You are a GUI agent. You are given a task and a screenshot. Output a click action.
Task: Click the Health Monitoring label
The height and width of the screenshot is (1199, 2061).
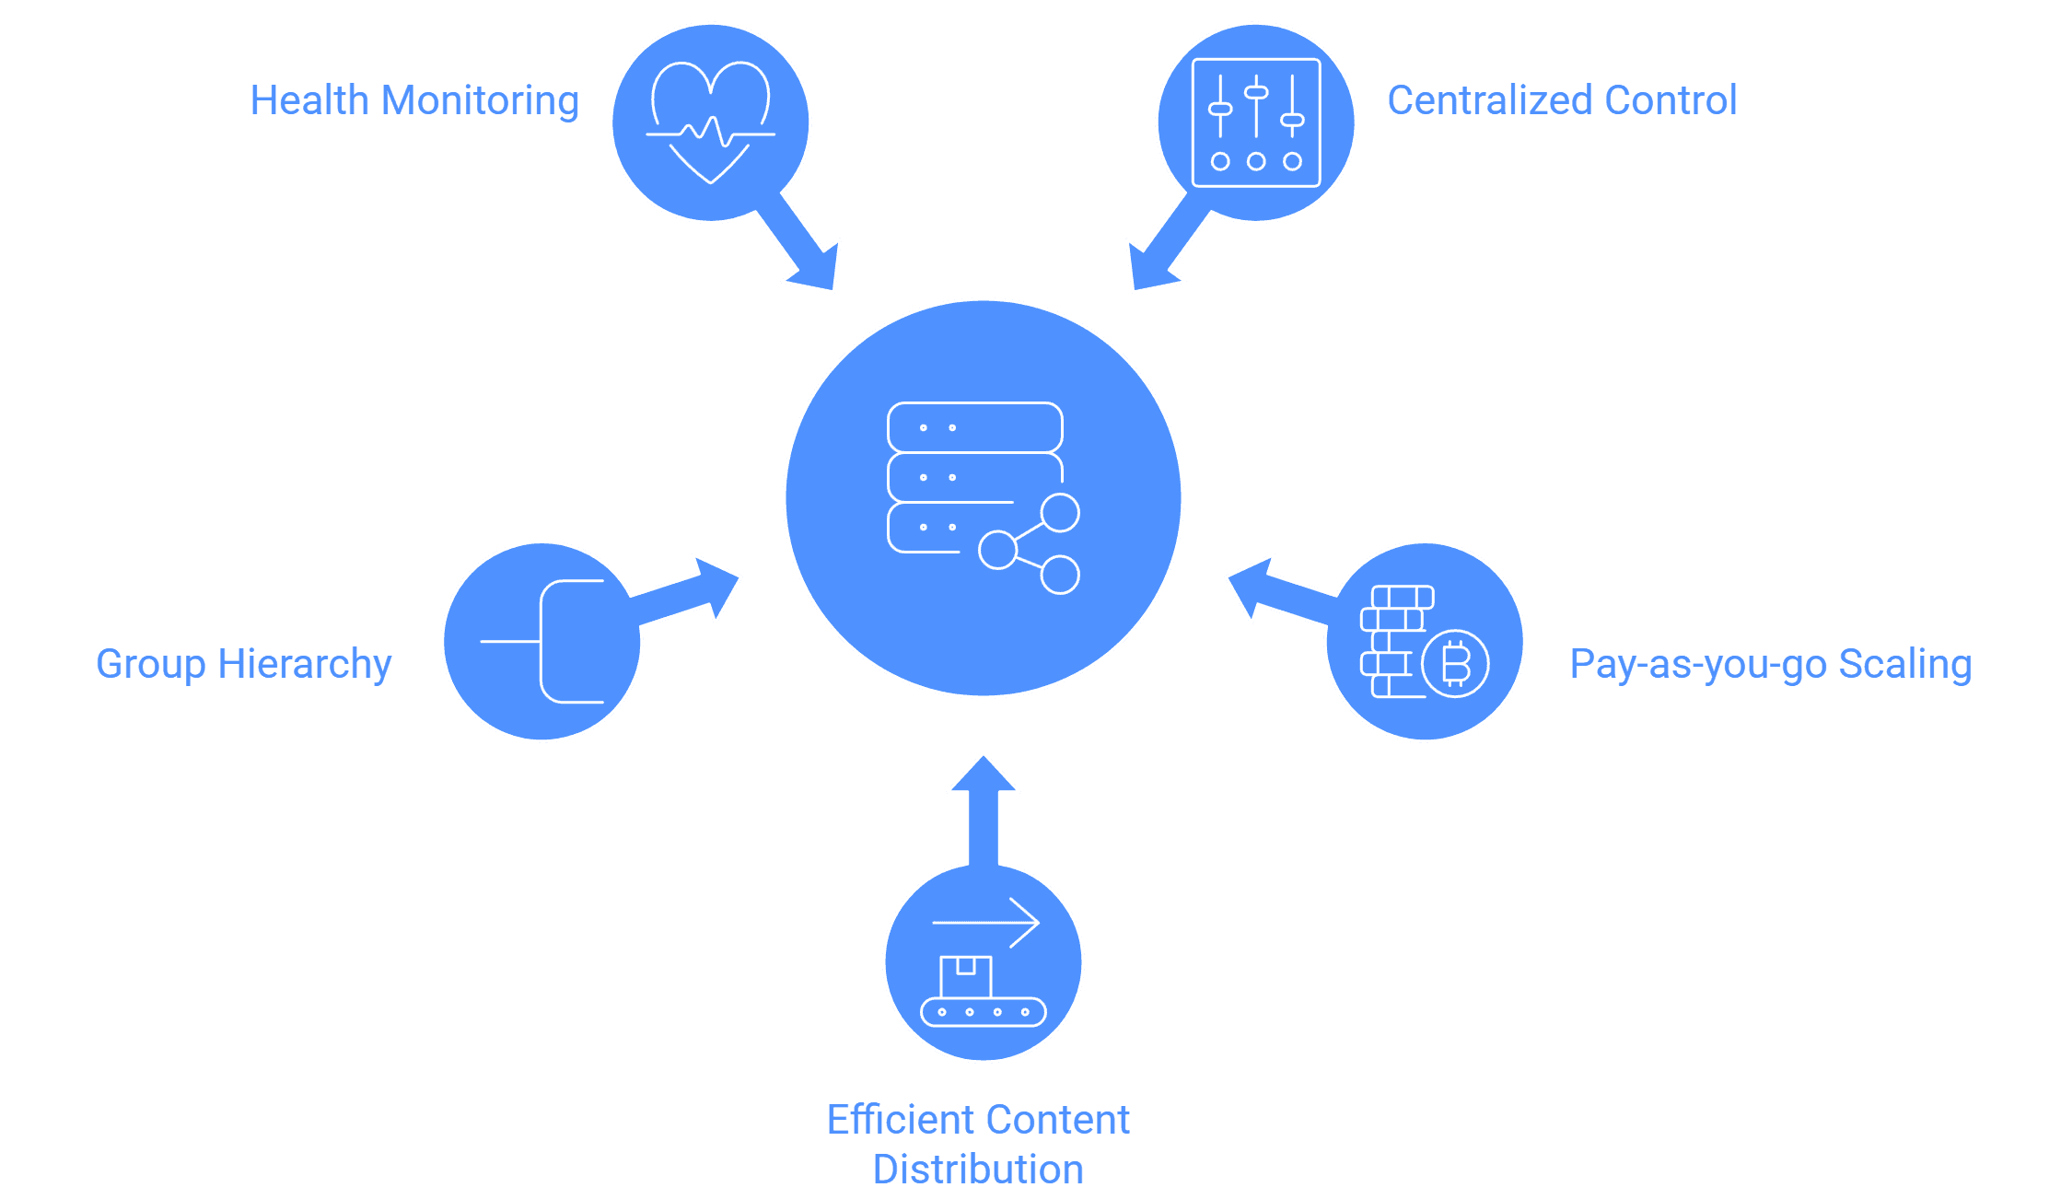coord(414,101)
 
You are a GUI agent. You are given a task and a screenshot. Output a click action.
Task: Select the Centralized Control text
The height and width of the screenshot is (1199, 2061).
coord(1562,100)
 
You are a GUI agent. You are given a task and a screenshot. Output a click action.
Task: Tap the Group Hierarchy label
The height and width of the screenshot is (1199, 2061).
coord(244,665)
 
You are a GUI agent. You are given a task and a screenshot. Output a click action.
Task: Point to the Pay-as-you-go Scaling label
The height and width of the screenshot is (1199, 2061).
coord(1771,665)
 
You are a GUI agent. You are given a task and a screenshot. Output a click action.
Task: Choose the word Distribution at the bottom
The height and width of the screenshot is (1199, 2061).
coord(978,1170)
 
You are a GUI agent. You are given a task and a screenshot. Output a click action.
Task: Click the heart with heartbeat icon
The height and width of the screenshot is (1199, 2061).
coord(711,122)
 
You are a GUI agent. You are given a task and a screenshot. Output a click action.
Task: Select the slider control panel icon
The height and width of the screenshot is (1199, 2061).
coord(1256,122)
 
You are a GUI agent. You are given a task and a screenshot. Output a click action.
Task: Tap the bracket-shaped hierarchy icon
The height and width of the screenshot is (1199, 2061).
coord(541,642)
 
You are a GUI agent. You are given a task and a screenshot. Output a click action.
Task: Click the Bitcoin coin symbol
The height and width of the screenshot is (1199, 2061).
coord(1456,663)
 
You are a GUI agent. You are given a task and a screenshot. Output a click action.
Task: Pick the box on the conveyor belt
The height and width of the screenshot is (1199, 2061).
coord(966,976)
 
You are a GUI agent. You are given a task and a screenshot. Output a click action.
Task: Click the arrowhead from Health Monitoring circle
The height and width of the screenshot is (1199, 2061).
coord(815,268)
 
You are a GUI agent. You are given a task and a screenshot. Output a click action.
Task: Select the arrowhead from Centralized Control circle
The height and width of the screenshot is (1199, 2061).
coord(1152,268)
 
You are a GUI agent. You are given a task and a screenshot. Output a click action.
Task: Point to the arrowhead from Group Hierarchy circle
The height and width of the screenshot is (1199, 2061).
coord(716,586)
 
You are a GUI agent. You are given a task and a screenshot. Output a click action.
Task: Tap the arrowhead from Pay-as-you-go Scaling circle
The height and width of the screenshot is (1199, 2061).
coord(1251,586)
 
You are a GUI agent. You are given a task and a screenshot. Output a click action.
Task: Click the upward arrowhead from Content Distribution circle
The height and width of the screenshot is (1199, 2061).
coord(984,774)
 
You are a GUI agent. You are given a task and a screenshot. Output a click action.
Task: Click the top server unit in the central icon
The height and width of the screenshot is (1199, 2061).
coord(975,427)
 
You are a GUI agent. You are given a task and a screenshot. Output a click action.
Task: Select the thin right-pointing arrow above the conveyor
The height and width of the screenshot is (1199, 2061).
coord(986,922)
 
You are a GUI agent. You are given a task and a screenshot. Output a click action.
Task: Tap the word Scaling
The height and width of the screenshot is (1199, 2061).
coord(1905,665)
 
